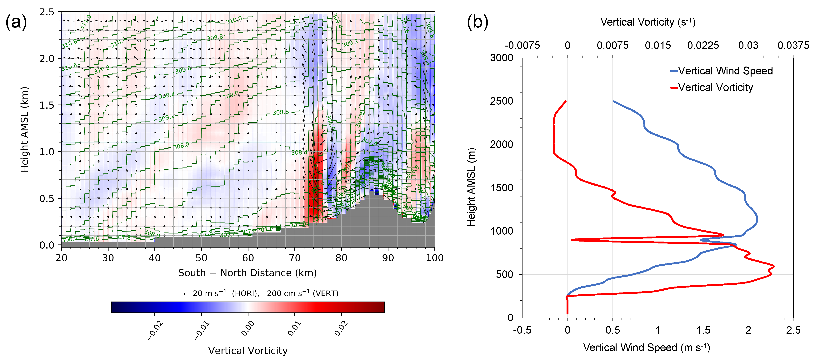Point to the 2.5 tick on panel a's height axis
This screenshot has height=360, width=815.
[x=47, y=12]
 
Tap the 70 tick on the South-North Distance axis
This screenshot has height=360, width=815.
[x=295, y=258]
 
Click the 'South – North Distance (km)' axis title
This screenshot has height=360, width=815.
[x=247, y=273]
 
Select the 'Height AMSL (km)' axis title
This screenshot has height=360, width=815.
[x=24, y=129]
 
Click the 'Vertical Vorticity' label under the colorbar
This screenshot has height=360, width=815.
[x=248, y=351]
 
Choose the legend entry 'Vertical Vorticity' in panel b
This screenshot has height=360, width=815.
[x=715, y=87]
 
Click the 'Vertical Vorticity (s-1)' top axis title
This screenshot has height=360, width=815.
[x=648, y=22]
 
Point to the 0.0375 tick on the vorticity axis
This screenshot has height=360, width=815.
[x=793, y=45]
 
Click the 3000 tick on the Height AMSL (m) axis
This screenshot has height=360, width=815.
[x=502, y=58]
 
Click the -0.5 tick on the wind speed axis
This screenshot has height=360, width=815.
[x=522, y=330]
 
